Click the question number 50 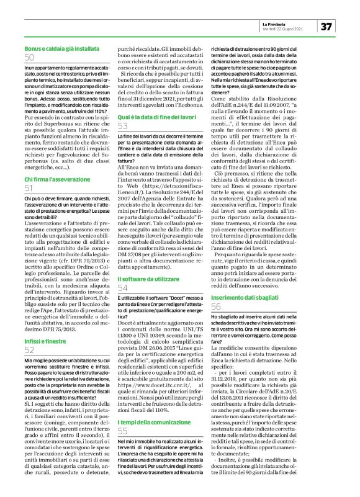coord(29,57)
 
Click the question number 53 coord(123,126)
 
